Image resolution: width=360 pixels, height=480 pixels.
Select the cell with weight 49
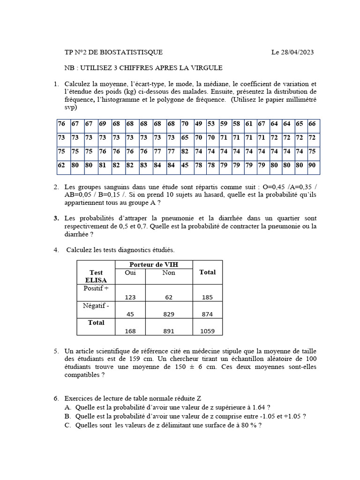click(199, 124)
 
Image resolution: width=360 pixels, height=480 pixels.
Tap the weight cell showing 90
click(312, 165)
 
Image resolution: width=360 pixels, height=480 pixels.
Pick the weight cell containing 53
click(211, 124)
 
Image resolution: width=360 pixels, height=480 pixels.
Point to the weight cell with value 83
click(144, 165)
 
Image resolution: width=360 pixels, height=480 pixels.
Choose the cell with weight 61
click(249, 124)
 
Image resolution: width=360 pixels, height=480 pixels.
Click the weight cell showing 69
click(103, 124)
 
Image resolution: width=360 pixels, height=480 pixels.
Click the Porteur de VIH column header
click(154, 265)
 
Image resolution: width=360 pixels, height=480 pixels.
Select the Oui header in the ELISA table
click(130, 273)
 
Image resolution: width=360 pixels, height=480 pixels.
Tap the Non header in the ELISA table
click(169, 273)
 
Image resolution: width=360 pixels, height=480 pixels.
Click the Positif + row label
click(96, 289)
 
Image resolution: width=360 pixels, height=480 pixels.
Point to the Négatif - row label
click(96, 306)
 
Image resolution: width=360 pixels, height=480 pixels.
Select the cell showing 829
click(169, 314)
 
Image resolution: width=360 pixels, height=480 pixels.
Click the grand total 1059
click(207, 331)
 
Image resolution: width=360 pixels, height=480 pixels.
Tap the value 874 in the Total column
click(207, 314)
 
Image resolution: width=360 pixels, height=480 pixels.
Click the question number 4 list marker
click(56, 250)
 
